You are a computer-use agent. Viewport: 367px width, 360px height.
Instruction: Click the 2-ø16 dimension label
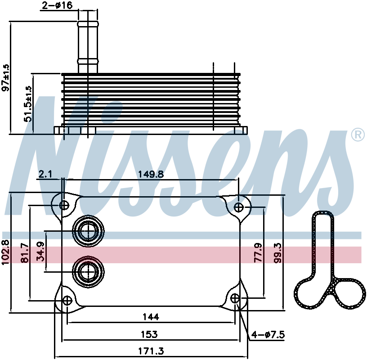click(x=57, y=5)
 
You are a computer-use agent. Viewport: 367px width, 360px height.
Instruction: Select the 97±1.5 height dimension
click(x=5, y=77)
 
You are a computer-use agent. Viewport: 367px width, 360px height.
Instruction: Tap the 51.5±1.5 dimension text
click(x=27, y=104)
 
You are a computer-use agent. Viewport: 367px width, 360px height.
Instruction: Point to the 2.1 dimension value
click(x=45, y=174)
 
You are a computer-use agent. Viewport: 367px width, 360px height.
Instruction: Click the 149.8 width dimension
click(x=151, y=174)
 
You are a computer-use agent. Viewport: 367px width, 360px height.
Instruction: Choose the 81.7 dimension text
click(x=25, y=253)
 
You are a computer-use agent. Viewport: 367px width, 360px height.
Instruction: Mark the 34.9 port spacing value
click(x=40, y=252)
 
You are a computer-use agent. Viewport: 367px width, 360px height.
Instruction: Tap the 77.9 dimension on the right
click(x=258, y=252)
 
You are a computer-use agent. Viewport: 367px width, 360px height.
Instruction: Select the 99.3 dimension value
click(x=278, y=253)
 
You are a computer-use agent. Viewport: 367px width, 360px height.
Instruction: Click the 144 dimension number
click(x=151, y=317)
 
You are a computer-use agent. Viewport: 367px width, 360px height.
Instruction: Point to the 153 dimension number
click(x=149, y=334)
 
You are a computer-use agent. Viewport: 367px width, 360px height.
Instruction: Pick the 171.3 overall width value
click(x=151, y=351)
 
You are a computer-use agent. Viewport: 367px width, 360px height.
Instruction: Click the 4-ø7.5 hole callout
click(x=268, y=335)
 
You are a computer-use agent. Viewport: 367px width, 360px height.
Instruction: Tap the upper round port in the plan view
click(x=88, y=231)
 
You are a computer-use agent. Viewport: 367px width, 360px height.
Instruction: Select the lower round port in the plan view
click(x=88, y=272)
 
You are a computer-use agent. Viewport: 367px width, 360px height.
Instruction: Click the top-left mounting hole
click(x=64, y=205)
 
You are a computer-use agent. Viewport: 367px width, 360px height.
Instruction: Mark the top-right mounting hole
click(x=239, y=207)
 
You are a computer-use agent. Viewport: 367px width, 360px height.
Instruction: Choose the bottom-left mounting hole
click(x=67, y=300)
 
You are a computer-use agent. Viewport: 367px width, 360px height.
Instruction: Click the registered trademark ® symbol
click(x=358, y=135)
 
